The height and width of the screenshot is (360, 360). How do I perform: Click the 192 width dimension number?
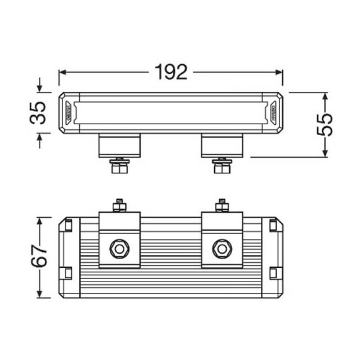click(x=171, y=72)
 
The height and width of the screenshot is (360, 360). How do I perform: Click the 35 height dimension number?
click(x=38, y=112)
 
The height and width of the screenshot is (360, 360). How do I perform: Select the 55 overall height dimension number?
click(x=324, y=124)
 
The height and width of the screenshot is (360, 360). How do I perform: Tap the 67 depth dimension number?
click(x=38, y=257)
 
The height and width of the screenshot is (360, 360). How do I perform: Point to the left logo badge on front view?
click(x=70, y=112)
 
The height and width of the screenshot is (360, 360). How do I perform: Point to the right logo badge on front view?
click(x=272, y=112)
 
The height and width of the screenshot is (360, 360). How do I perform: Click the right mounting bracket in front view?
click(x=222, y=145)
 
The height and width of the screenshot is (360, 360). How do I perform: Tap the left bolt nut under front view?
click(x=119, y=166)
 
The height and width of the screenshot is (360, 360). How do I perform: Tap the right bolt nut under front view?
click(x=222, y=166)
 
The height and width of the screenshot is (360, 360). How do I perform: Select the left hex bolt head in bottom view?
click(x=119, y=247)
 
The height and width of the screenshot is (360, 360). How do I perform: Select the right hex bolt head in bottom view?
click(x=222, y=247)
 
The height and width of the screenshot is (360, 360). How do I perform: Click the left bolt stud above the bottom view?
click(x=119, y=205)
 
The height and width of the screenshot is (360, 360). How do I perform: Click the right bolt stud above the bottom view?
click(x=222, y=205)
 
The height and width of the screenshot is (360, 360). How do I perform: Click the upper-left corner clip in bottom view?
click(x=68, y=226)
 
